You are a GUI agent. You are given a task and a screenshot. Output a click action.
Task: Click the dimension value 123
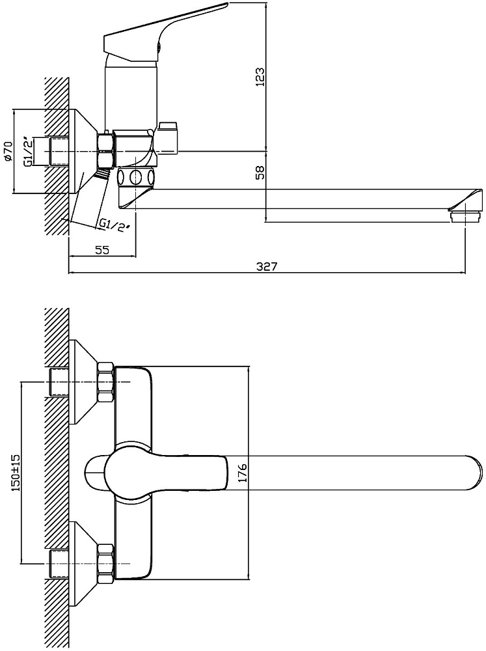pos(260,79)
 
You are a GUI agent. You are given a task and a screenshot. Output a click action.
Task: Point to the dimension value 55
pos(101,249)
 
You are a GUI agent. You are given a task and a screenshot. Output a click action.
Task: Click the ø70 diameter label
pos(8,151)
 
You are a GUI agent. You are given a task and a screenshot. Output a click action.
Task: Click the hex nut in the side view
pos(105,150)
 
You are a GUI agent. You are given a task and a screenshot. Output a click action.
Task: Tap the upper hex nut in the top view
pos(105,381)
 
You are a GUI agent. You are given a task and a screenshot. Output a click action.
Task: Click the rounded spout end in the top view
pos(472,471)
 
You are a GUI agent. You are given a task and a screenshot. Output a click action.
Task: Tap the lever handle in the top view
pos(166,471)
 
